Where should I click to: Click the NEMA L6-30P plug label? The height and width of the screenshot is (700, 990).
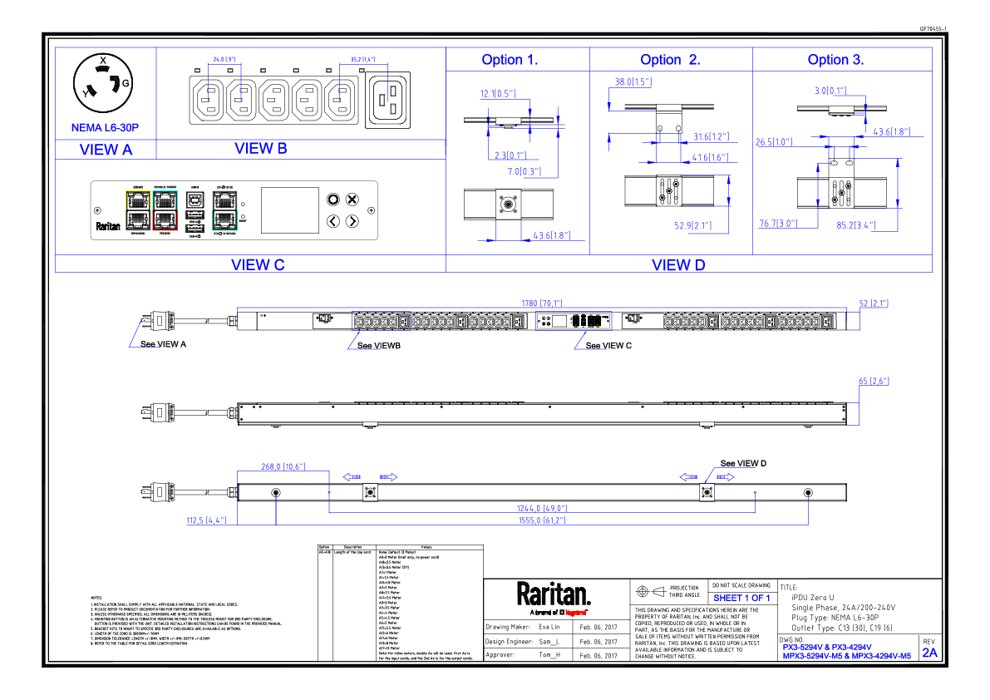click(x=105, y=129)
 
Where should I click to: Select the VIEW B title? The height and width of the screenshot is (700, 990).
click(x=260, y=148)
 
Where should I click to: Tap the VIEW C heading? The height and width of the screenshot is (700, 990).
click(x=258, y=264)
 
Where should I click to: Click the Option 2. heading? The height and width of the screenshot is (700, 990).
click(x=670, y=60)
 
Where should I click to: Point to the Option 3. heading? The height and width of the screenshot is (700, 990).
click(x=835, y=60)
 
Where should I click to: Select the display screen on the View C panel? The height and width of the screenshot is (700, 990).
click(x=290, y=210)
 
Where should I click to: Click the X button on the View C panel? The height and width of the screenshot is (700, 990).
click(x=352, y=200)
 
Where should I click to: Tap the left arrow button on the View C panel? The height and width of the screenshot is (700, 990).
click(x=333, y=221)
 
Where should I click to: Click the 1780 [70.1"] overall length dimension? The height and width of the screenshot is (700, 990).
click(x=541, y=304)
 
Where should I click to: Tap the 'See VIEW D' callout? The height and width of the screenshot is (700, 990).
click(x=743, y=463)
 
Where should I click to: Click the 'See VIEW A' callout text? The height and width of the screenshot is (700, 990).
click(x=163, y=343)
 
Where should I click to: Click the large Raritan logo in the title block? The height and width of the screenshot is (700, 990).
click(x=554, y=595)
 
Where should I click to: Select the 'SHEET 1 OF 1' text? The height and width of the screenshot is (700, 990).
click(x=741, y=598)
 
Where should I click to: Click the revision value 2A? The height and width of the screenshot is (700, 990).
click(x=929, y=653)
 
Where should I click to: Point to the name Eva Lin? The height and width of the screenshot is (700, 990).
click(x=549, y=627)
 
